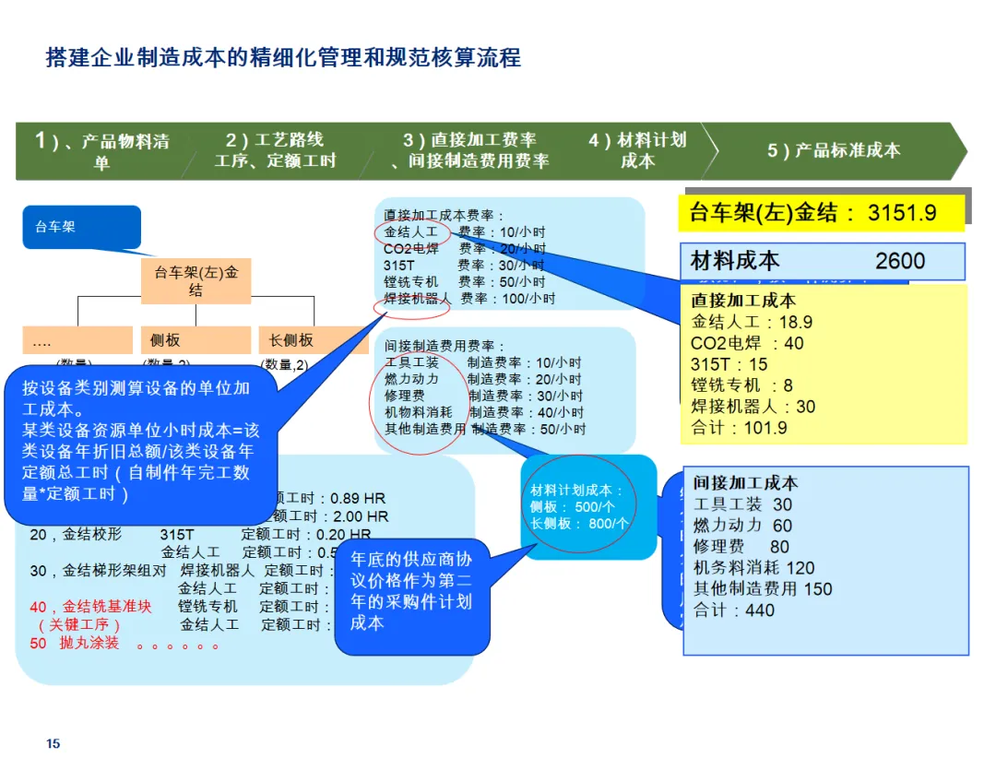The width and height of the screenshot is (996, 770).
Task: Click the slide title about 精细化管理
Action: point(283,58)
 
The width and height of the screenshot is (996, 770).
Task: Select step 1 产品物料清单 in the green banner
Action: point(101,151)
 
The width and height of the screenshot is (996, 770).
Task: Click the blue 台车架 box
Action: point(81,227)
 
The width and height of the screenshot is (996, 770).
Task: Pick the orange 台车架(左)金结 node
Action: point(196,281)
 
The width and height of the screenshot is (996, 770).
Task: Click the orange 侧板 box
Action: point(195,340)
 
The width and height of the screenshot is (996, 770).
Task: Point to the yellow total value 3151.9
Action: point(902,213)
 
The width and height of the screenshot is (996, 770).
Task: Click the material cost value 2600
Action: point(899,261)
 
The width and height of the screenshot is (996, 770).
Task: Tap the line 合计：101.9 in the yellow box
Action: point(739,428)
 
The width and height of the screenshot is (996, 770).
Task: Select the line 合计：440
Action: point(734,610)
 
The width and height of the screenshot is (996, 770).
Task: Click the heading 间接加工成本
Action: point(745,482)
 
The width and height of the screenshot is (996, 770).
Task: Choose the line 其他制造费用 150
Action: point(762,588)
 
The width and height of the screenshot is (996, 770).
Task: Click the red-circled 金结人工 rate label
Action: point(411,232)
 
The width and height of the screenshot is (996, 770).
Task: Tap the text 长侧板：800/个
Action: point(579,523)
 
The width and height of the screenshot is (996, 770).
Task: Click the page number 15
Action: point(53,743)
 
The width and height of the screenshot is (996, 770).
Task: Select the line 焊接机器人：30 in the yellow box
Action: point(753,407)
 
